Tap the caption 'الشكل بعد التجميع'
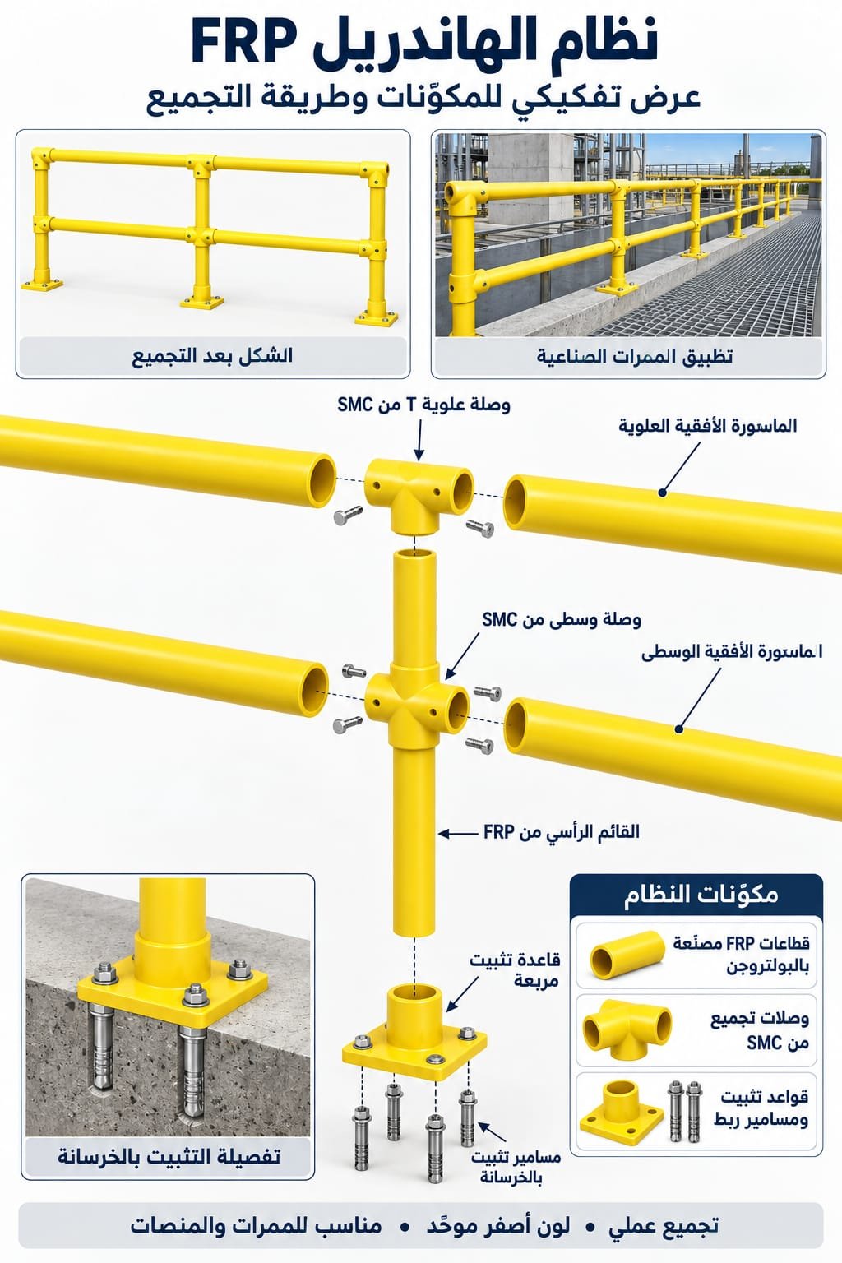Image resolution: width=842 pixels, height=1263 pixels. tap(212, 356)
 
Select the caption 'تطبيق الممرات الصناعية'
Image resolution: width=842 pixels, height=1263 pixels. tap(635, 356)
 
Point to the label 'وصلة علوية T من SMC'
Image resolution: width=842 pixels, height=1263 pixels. tap(423, 405)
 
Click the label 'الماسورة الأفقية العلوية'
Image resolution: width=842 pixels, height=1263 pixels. tap(708, 425)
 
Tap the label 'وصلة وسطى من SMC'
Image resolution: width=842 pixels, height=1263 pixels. tap(561, 620)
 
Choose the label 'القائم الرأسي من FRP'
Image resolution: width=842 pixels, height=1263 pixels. tap(562, 831)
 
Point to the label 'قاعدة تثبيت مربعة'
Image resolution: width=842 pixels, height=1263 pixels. tap(516, 969)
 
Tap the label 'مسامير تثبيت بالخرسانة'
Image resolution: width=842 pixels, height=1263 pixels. tap(516, 1167)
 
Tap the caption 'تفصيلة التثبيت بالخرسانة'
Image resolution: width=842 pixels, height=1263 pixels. tap(169, 1156)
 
